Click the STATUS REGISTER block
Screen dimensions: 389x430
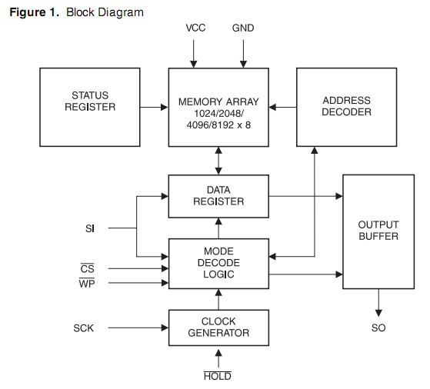click(89, 107)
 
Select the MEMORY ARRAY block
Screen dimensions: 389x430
click(218, 107)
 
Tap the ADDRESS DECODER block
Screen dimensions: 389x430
click(346, 107)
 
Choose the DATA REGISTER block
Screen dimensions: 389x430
click(218, 195)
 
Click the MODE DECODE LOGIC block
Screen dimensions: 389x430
click(218, 262)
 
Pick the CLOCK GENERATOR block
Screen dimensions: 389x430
click(218, 328)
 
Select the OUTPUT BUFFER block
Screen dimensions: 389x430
click(378, 231)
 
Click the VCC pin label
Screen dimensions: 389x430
click(196, 28)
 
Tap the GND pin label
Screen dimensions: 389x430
click(243, 28)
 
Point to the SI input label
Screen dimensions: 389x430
click(90, 228)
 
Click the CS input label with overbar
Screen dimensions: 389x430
click(87, 269)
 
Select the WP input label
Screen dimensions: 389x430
click(87, 283)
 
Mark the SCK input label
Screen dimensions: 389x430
click(84, 328)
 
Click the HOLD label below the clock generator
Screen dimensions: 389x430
click(218, 376)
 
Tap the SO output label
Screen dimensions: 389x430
click(378, 328)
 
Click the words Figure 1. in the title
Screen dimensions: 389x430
click(35, 12)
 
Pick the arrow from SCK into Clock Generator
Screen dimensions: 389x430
click(138, 328)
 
